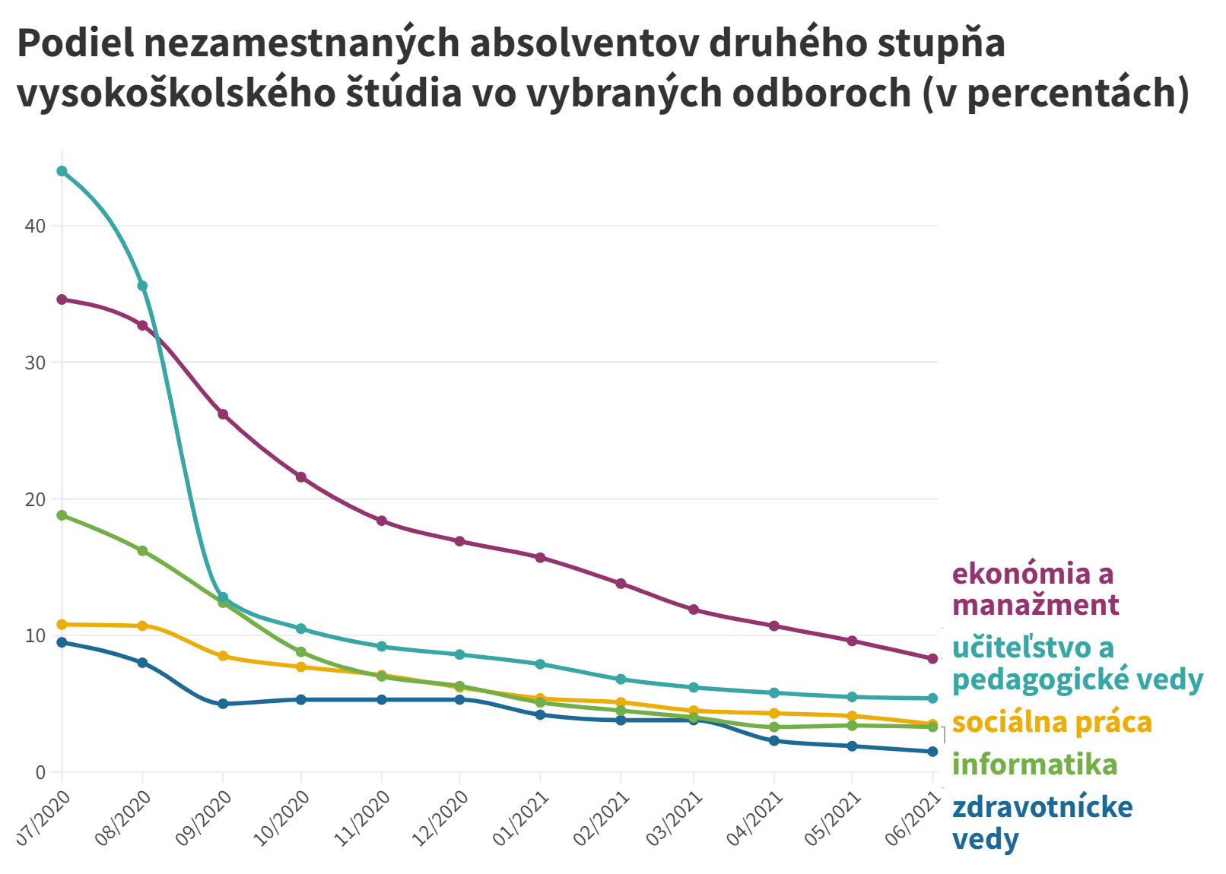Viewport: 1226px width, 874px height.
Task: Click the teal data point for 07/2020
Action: click(x=62, y=171)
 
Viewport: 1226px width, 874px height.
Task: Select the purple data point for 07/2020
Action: click(x=62, y=299)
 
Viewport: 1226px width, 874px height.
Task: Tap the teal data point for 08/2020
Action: click(x=142, y=286)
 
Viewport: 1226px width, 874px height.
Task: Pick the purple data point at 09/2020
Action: click(x=223, y=414)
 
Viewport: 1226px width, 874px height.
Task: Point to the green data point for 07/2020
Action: click(x=62, y=515)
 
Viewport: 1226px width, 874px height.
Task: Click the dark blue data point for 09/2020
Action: click(x=223, y=704)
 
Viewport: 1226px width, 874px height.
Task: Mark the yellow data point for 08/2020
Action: click(x=142, y=625)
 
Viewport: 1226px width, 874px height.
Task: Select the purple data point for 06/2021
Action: click(x=932, y=658)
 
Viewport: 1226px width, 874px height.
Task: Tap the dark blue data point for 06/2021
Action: click(x=932, y=752)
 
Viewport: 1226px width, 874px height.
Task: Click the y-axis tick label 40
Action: click(x=35, y=226)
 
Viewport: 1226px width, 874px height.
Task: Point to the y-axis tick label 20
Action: click(x=35, y=499)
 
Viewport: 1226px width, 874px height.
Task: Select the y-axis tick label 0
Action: click(x=40, y=772)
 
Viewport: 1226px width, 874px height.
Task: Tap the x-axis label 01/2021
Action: click(x=521, y=817)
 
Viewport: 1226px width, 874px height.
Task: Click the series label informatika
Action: click(x=1034, y=764)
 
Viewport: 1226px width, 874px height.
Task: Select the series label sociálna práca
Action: click(x=1052, y=721)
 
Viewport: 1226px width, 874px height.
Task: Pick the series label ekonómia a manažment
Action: click(x=1034, y=589)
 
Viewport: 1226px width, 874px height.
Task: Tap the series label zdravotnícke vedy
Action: click(x=1042, y=822)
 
